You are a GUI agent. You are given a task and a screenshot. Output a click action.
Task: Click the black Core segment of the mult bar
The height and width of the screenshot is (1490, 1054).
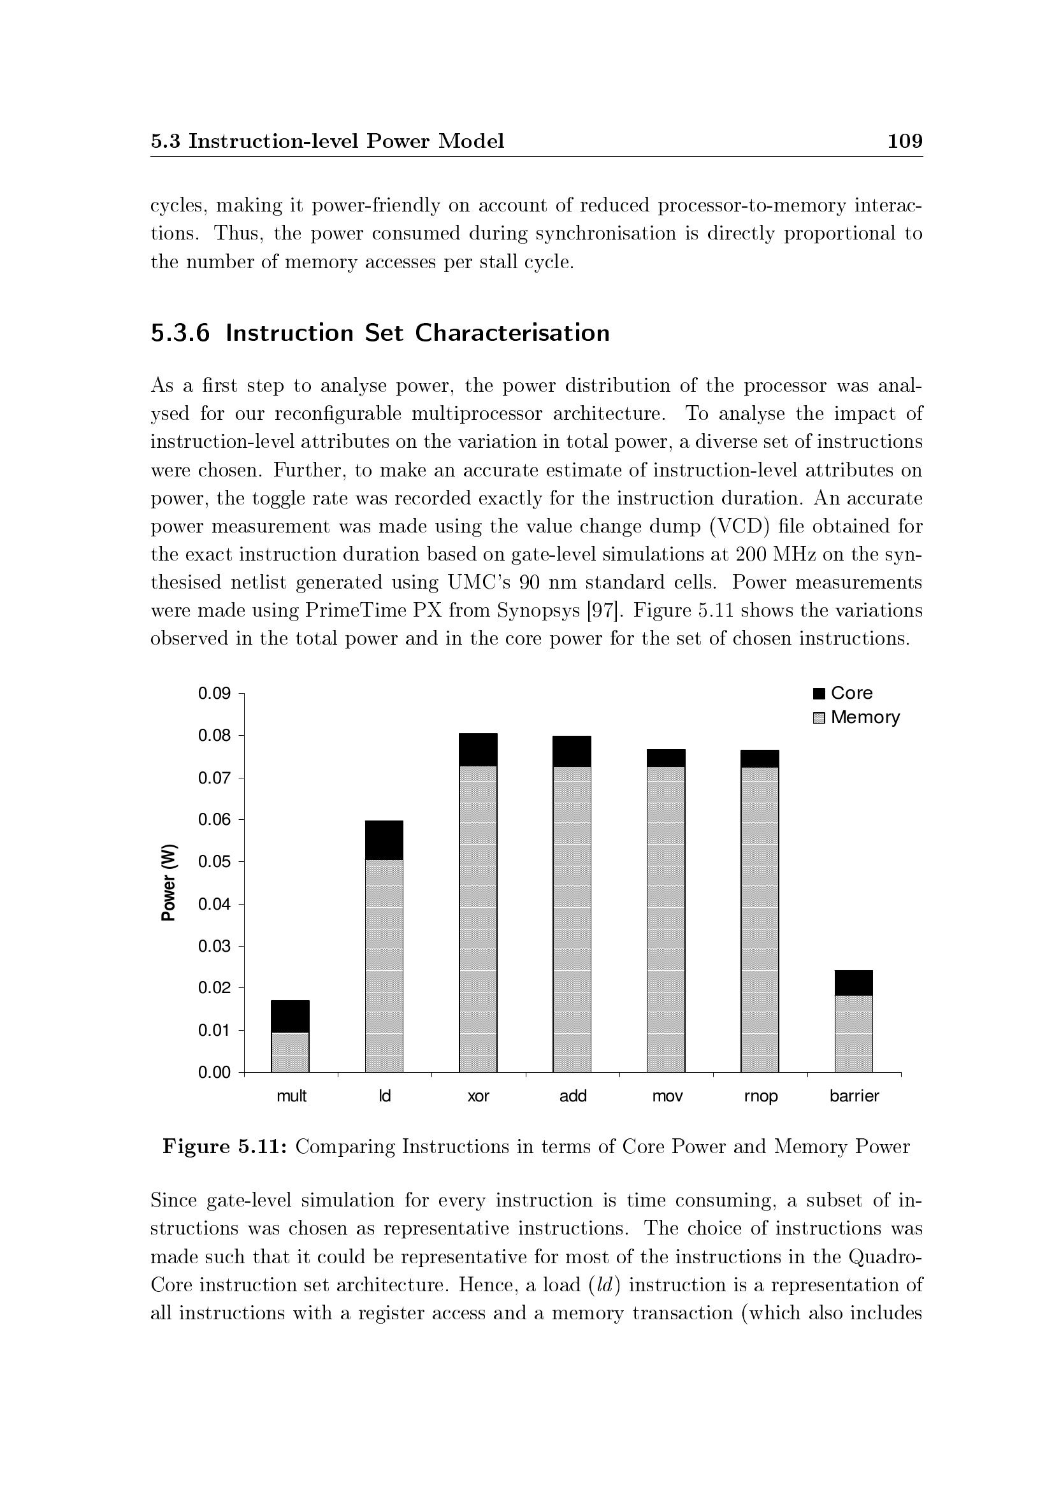[290, 1016]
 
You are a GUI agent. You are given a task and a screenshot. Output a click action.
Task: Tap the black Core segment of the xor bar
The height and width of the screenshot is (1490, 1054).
[479, 750]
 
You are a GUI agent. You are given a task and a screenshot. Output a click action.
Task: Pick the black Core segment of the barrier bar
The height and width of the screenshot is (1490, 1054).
[853, 983]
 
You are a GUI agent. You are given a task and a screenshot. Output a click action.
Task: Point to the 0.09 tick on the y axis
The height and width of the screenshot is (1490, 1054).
[214, 694]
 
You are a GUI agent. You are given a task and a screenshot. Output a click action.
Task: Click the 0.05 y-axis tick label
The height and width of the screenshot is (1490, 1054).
[214, 862]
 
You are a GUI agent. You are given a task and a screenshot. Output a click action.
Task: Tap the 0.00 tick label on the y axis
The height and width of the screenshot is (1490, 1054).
[214, 1072]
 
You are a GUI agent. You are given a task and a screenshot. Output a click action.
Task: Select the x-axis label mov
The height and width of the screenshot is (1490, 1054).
[667, 1096]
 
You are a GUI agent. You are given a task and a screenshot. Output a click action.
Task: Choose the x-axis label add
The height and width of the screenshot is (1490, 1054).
[573, 1096]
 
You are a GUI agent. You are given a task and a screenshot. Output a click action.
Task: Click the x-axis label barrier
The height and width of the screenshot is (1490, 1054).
[854, 1096]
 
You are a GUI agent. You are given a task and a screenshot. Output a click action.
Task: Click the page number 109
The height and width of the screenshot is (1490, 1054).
[905, 141]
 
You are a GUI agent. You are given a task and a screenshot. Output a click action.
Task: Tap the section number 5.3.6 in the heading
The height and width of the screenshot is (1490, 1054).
[180, 333]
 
